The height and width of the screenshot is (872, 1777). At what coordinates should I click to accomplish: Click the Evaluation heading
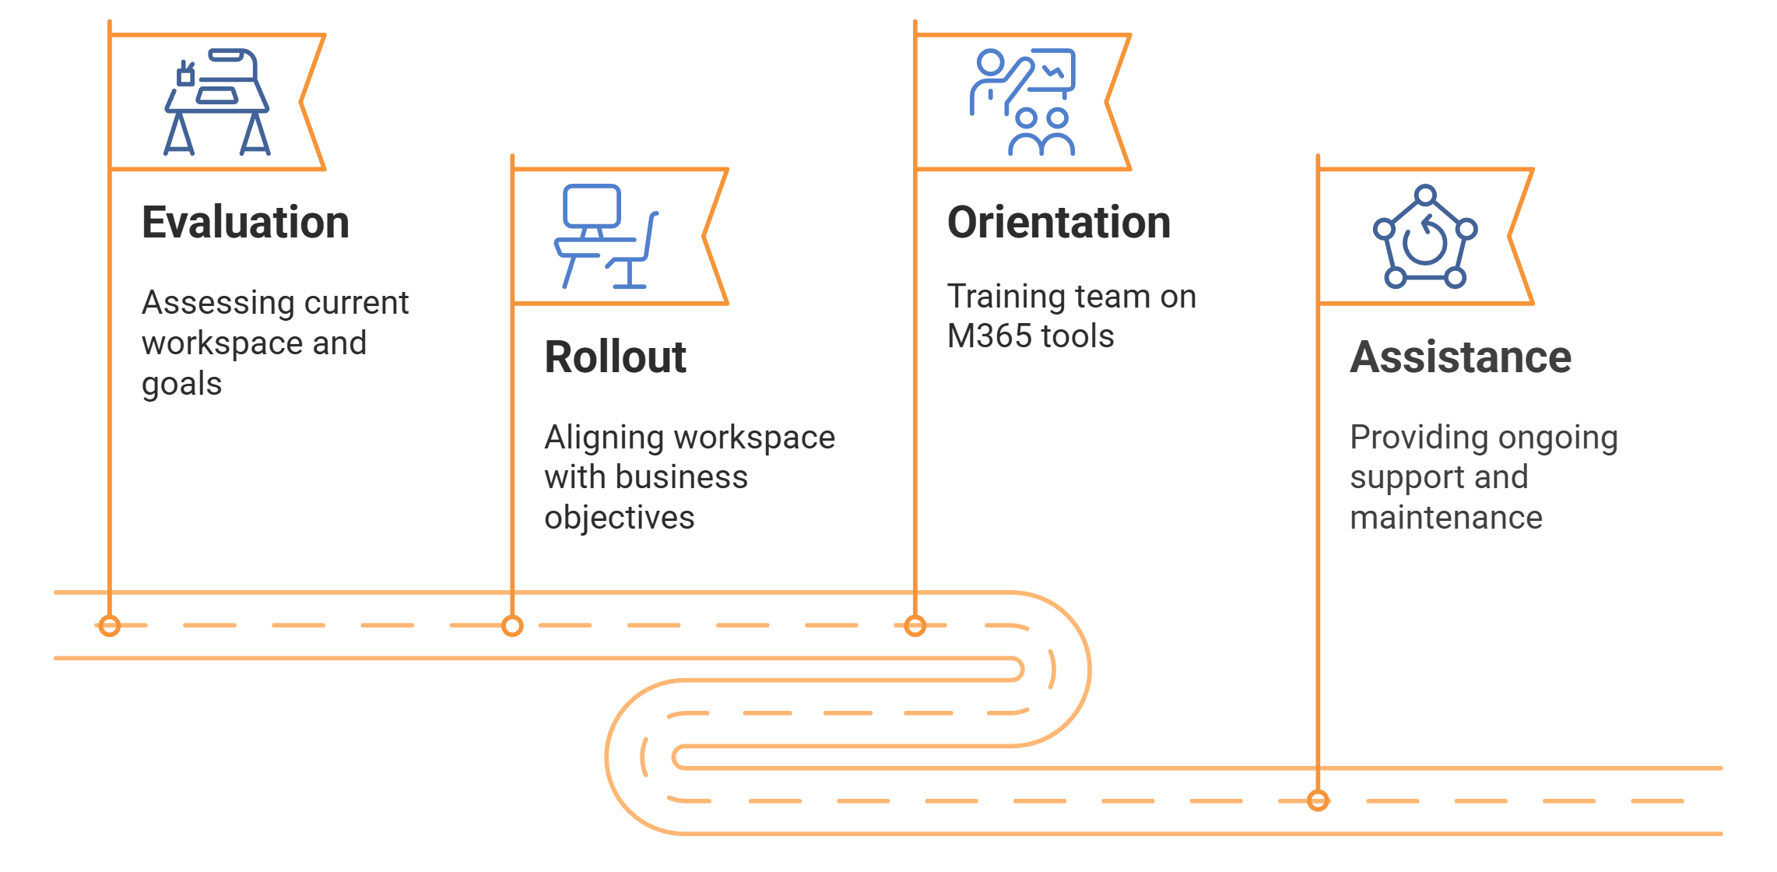click(245, 223)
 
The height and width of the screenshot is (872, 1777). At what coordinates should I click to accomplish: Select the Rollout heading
click(615, 357)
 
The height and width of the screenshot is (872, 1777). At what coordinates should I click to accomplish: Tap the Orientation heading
click(1059, 223)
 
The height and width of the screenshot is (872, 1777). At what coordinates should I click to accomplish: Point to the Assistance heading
click(1460, 357)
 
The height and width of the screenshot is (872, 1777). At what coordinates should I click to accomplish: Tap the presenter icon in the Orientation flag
click(1023, 102)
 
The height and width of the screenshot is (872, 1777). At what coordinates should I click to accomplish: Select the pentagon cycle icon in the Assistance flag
click(1424, 237)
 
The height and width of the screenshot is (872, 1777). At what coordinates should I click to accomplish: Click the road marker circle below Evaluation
click(110, 625)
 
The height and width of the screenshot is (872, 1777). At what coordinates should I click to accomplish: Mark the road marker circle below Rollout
click(512, 625)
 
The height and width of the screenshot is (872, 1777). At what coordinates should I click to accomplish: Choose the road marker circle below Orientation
click(915, 625)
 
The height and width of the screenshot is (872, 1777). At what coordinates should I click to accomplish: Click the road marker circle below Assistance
click(1318, 800)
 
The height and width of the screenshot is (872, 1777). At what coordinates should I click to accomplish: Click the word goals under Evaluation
click(181, 385)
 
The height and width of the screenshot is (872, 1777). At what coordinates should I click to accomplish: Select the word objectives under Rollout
click(619, 518)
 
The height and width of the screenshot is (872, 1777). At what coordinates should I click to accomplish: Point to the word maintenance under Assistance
click(1445, 518)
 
